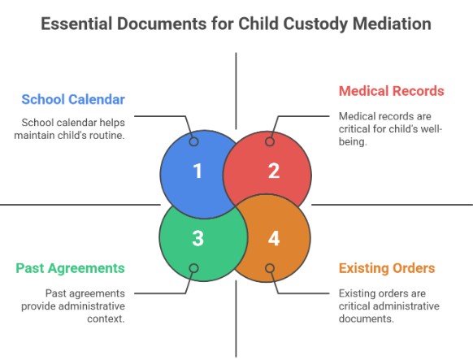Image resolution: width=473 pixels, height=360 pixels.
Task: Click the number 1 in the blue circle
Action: pos(197,171)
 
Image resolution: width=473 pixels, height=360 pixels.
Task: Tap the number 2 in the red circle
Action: pos(274,171)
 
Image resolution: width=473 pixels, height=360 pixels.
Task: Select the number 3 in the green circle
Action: pos(197,239)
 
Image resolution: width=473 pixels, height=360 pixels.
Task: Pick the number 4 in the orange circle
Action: pos(274,239)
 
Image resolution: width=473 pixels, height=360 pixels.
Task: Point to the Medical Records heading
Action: pos(392,91)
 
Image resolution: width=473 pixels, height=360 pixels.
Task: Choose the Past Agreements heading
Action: pos(70,267)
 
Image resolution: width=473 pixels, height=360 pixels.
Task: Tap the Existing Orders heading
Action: pos(387,267)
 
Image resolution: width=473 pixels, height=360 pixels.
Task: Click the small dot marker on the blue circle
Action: pos(193,141)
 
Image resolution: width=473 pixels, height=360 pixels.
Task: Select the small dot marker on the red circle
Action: pos(270,141)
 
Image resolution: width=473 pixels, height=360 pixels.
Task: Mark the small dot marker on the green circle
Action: pos(193,268)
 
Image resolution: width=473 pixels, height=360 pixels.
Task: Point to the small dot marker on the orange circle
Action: pos(270,268)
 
